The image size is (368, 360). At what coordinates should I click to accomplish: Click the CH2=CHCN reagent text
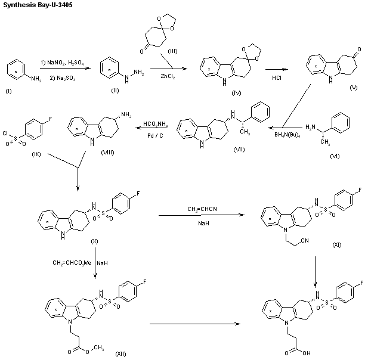(x=203, y=208)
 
